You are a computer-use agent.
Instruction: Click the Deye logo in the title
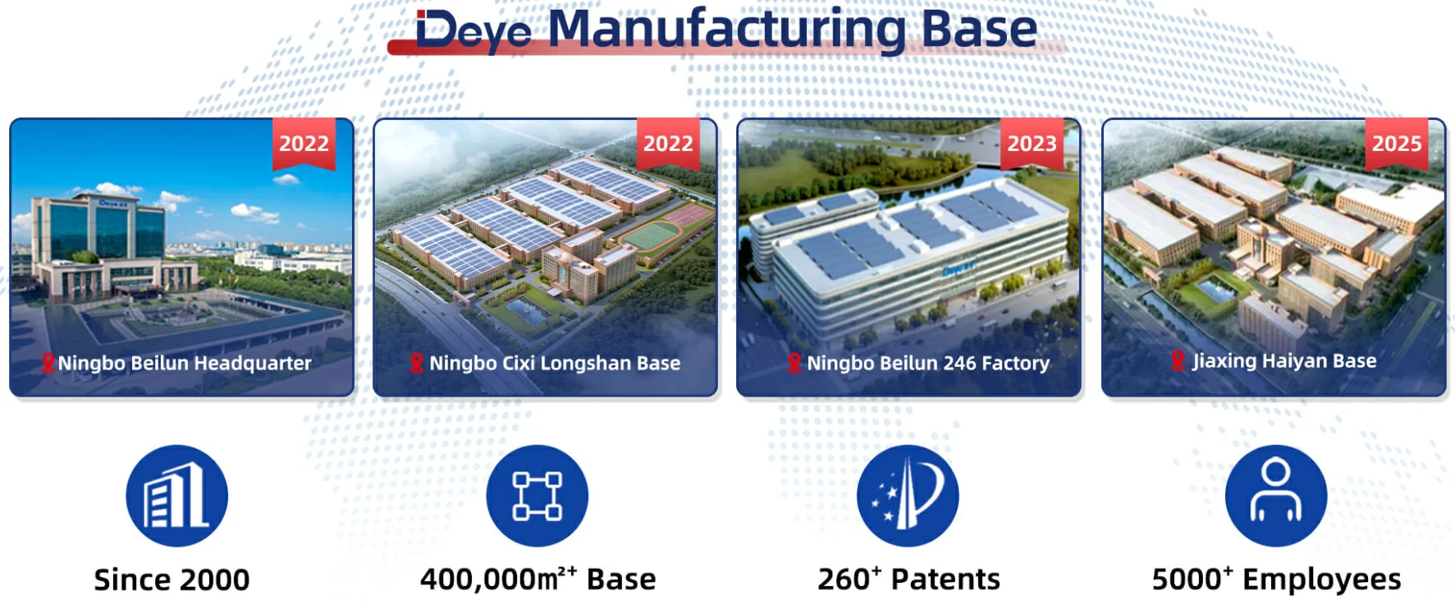[x=474, y=31]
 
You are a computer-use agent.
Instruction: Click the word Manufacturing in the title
[x=727, y=30]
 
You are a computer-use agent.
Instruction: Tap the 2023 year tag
[x=1032, y=144]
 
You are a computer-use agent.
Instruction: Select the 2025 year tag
[x=1397, y=144]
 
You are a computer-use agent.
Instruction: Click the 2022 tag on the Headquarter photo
[x=304, y=144]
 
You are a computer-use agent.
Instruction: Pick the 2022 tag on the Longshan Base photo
[x=668, y=144]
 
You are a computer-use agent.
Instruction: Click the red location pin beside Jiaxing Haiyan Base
[x=1178, y=360]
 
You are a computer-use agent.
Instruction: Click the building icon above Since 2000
[x=176, y=496]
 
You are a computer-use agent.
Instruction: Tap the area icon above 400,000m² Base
[x=538, y=496]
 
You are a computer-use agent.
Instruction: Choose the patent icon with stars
[x=908, y=496]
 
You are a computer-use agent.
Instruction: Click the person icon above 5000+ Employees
[x=1276, y=496]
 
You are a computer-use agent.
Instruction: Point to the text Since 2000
[x=172, y=580]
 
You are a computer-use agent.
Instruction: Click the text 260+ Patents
[x=908, y=579]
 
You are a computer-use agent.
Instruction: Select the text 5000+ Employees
[x=1276, y=580]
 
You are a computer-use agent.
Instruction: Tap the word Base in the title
[x=980, y=30]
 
